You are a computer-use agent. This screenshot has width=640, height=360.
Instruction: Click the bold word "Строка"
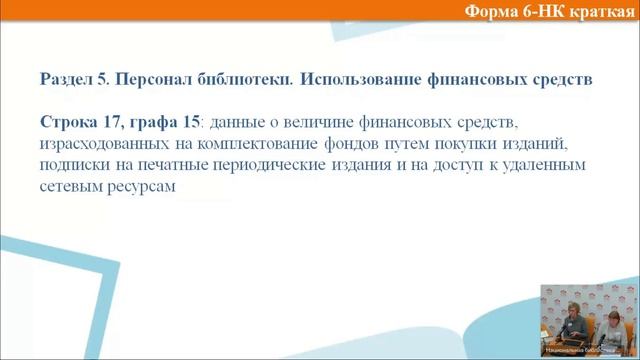pos(68,122)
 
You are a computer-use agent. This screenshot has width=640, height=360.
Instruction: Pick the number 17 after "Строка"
pos(110,122)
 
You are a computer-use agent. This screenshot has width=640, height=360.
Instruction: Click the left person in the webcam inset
pos(573,325)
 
